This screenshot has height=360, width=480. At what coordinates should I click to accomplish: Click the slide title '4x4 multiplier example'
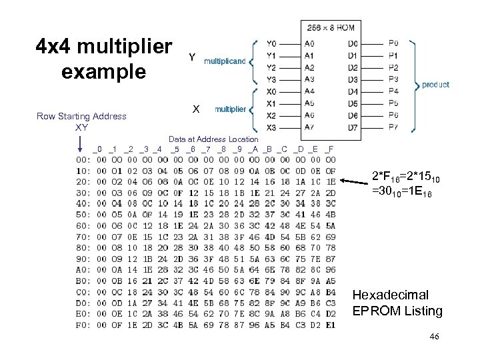pyautogui.click(x=103, y=59)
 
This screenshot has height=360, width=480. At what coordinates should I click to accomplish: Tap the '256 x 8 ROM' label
pyautogui.click(x=331, y=28)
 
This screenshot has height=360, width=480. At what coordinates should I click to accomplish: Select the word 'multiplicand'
pyautogui.click(x=225, y=61)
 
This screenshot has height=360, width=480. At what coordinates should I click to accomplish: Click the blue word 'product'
pyautogui.click(x=435, y=85)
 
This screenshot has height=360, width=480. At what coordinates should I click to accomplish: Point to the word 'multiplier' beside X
pyautogui.click(x=230, y=109)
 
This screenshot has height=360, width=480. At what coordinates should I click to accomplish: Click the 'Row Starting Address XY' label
pyautogui.click(x=81, y=121)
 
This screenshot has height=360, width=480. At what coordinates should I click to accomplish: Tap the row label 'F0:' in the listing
pyautogui.click(x=83, y=325)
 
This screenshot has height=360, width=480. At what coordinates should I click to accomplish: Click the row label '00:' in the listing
pyautogui.click(x=83, y=159)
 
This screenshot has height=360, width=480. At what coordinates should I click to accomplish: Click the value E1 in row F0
pyautogui.click(x=330, y=325)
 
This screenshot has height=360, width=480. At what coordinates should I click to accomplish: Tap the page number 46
pyautogui.click(x=434, y=338)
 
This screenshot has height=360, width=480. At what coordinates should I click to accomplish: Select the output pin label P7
pyautogui.click(x=393, y=127)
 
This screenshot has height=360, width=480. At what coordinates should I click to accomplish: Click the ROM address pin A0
pyautogui.click(x=309, y=43)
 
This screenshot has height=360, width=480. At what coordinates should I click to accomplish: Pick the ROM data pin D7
pyautogui.click(x=353, y=127)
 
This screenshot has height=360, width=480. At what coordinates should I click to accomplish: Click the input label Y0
pyautogui.click(x=271, y=43)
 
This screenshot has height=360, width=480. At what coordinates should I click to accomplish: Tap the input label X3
pyautogui.click(x=271, y=127)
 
